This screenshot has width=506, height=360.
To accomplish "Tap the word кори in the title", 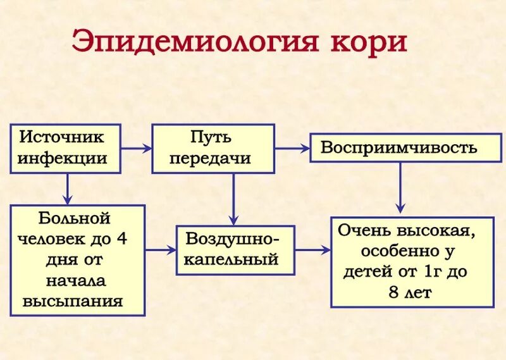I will click(369, 42).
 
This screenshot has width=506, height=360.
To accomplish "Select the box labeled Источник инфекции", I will click(65, 148).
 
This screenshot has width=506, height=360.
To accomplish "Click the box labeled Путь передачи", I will click(213, 148).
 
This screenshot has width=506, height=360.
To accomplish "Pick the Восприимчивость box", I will click(398, 148).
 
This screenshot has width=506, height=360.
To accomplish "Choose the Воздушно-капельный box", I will click(235, 250).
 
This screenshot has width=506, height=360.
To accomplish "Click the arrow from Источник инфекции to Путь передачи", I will click(136, 149).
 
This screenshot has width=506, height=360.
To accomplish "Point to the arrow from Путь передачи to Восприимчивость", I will click(292, 149).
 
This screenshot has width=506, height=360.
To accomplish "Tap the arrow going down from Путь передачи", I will click(233, 199).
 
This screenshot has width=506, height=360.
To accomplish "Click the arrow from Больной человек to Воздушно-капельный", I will click(161, 250).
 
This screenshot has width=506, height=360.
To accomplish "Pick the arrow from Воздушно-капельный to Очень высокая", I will click(313, 250).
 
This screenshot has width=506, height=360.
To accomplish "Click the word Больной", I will click(75, 219).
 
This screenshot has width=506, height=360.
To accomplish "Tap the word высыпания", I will click(73, 301).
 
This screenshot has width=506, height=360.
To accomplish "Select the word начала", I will click(75, 280).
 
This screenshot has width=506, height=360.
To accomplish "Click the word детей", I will click(366, 273).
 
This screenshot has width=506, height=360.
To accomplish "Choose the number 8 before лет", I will click(395, 293).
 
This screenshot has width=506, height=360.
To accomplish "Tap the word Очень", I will click(364, 231).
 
